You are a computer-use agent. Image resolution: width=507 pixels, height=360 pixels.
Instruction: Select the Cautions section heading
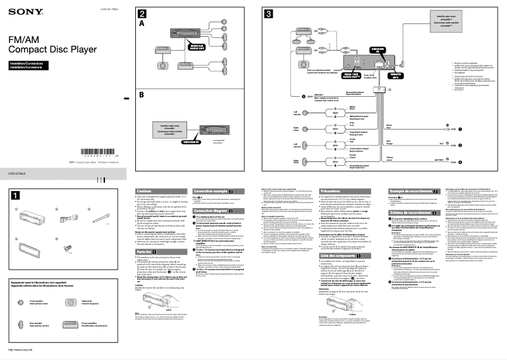click(145, 190)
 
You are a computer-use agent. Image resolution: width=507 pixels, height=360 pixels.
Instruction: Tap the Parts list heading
click(145, 251)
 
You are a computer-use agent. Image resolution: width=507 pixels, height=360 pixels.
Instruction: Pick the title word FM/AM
click(22, 40)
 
